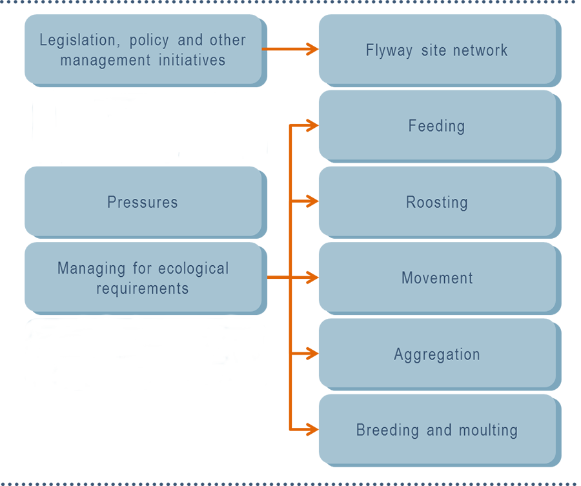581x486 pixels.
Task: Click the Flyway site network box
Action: pyautogui.click(x=437, y=50)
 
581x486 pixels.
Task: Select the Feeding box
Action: pyautogui.click(x=437, y=125)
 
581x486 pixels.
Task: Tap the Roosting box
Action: pyautogui.click(x=437, y=201)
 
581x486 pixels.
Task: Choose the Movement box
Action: pyautogui.click(x=437, y=278)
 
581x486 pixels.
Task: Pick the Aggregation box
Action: pyautogui.click(x=437, y=354)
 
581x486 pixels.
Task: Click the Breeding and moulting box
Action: pyautogui.click(x=437, y=430)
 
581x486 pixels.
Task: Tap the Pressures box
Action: pyautogui.click(x=143, y=201)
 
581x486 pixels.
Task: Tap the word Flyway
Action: pyautogui.click(x=389, y=50)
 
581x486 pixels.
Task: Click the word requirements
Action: pyautogui.click(x=143, y=288)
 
